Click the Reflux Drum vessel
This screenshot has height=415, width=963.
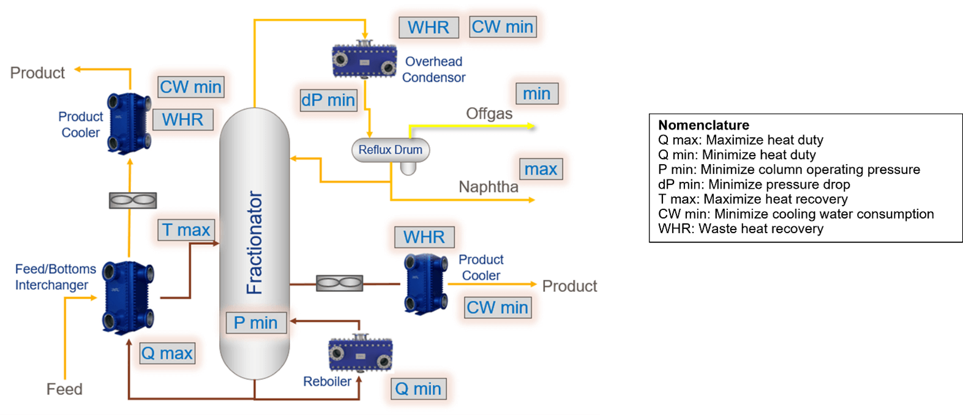click(x=390, y=150)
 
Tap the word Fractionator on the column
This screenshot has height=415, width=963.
click(x=254, y=243)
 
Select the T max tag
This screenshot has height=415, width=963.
click(x=186, y=230)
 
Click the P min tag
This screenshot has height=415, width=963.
click(x=255, y=323)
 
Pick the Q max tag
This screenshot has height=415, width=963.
click(x=167, y=353)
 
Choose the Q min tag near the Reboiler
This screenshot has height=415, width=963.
click(x=418, y=389)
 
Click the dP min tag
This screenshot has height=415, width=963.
click(x=328, y=100)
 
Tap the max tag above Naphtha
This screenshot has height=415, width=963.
click(x=541, y=169)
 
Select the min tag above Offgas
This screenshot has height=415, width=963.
click(x=536, y=94)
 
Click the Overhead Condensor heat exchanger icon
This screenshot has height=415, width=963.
click(x=364, y=60)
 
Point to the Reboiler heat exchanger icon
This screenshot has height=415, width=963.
click(x=360, y=354)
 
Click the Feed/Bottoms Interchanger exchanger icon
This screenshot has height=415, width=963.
click(x=128, y=297)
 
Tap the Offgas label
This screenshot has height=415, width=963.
click(x=489, y=114)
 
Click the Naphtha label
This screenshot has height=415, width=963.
click(x=489, y=187)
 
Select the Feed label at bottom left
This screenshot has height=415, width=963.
click(x=64, y=389)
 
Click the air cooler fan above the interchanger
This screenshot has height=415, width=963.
click(x=133, y=200)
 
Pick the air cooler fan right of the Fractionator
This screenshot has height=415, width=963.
click(x=339, y=283)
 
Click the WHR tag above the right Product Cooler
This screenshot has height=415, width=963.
click(x=424, y=237)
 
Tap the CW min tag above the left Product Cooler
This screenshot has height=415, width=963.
click(x=190, y=87)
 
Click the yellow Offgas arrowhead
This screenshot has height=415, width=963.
click(x=531, y=126)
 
